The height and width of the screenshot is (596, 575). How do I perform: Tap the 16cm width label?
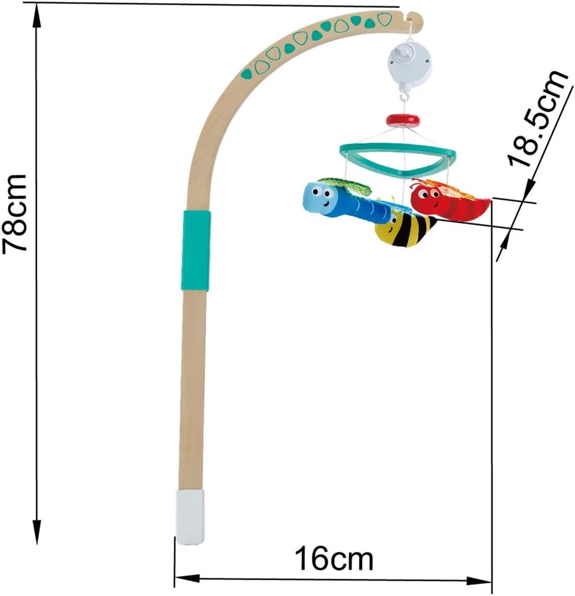334,559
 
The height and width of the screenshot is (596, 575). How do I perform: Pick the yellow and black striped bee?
404,229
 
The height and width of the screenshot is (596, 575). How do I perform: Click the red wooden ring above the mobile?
403,120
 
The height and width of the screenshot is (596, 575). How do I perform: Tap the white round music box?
410,64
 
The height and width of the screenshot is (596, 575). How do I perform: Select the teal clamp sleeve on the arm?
195,250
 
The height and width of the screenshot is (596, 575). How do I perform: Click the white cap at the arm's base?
190,517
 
